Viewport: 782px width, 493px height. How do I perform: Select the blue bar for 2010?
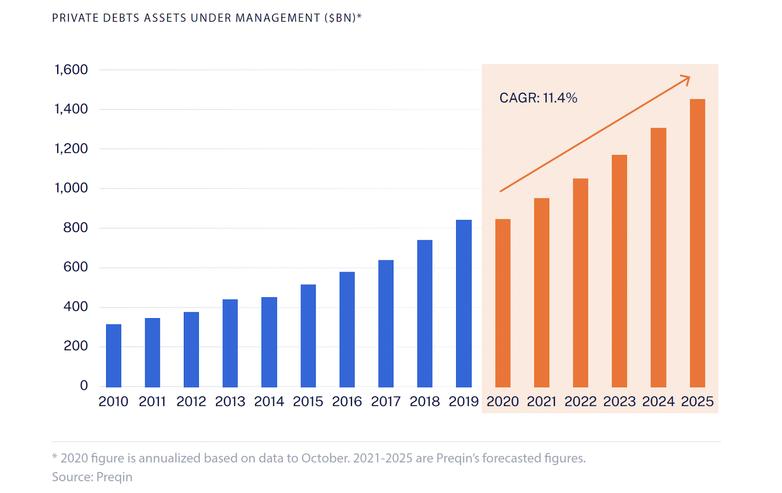[113, 355]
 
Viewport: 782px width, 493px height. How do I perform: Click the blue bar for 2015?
[308, 336]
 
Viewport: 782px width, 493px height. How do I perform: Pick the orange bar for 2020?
[502, 303]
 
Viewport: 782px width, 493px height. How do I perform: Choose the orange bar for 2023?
[619, 271]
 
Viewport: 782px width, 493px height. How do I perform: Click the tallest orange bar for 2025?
[697, 243]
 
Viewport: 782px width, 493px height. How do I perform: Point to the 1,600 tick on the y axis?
[71, 70]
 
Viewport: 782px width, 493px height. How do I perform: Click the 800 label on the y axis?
[76, 228]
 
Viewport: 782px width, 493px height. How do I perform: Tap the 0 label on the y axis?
[84, 386]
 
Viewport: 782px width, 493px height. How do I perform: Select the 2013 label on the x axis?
[230, 402]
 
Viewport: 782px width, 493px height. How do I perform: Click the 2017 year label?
[386, 402]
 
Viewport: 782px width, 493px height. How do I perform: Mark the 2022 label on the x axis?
[580, 402]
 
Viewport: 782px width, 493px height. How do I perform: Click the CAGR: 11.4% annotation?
[538, 98]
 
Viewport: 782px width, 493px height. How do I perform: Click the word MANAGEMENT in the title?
[278, 18]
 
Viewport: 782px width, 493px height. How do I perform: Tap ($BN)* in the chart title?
[343, 18]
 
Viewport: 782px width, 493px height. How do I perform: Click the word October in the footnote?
[324, 458]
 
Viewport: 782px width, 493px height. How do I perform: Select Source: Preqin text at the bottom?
[92, 477]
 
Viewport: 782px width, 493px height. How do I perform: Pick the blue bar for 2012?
[191, 349]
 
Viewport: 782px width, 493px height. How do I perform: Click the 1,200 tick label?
[71, 149]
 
